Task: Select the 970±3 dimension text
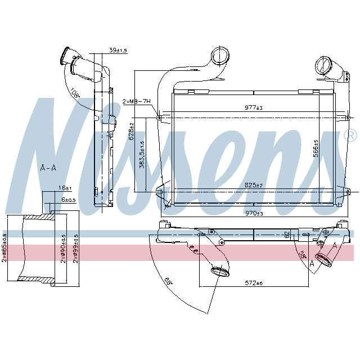click(x=254, y=213)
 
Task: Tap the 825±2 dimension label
click(x=254, y=185)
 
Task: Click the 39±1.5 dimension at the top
click(x=119, y=51)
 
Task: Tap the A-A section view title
click(x=48, y=167)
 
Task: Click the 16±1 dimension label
click(x=64, y=187)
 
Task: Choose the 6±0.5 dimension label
click(x=67, y=199)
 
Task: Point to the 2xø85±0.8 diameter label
click(x=4, y=249)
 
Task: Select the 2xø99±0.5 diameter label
click(x=76, y=249)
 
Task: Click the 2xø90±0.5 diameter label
click(x=64, y=249)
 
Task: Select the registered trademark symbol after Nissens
click(x=350, y=136)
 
